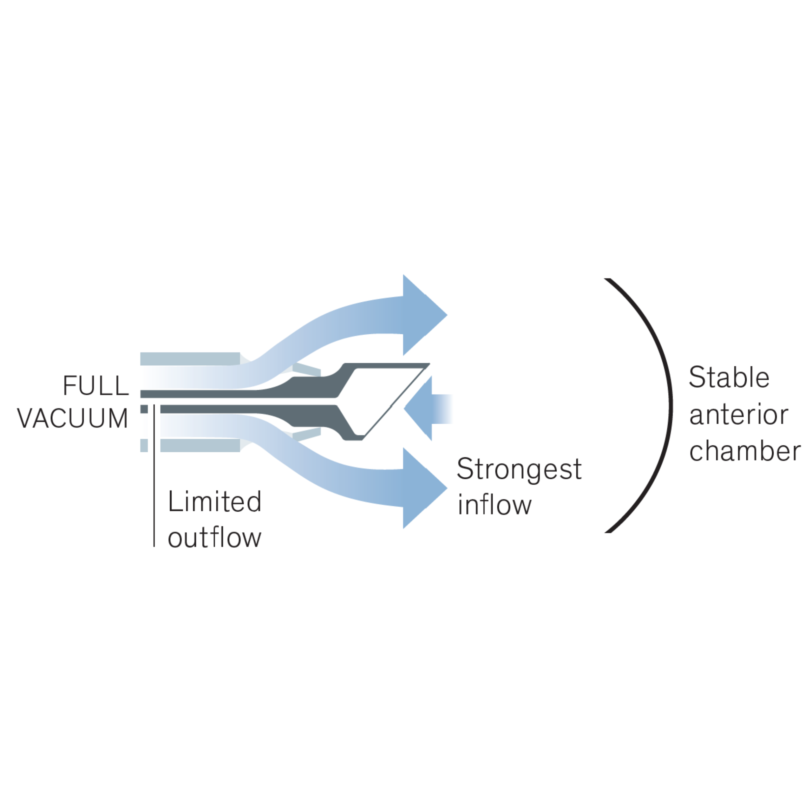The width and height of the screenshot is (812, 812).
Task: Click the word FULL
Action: tap(95, 385)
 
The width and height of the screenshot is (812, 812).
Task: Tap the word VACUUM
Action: tap(72, 419)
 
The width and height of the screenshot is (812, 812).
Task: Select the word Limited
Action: tap(214, 501)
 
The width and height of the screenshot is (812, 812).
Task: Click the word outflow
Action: tap(214, 538)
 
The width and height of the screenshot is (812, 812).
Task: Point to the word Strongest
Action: tap(519, 469)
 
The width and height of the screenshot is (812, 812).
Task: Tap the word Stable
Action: tap(729, 377)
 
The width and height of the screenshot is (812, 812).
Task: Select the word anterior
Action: tap(738, 415)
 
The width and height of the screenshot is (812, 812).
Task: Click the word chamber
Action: tap(745, 451)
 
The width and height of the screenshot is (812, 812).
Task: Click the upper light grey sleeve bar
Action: tap(190, 358)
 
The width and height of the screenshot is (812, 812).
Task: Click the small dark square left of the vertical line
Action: tap(144, 409)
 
